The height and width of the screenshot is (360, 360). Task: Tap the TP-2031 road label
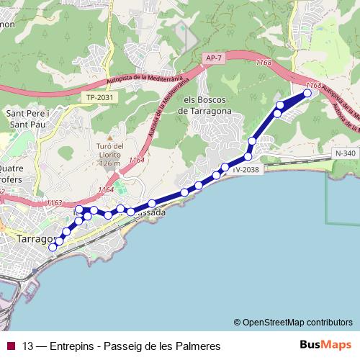tap(99, 96)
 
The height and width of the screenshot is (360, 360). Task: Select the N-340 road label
tap(346, 153)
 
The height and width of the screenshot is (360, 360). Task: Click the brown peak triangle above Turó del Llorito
tap(109, 137)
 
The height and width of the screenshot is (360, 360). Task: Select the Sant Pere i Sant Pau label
tap(27, 119)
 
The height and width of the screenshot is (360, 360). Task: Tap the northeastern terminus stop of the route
tap(308, 93)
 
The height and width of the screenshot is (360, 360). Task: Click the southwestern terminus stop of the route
tap(53, 247)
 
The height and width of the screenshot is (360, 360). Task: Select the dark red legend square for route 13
tap(10, 346)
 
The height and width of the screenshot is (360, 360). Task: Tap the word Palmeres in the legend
tap(197, 346)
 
